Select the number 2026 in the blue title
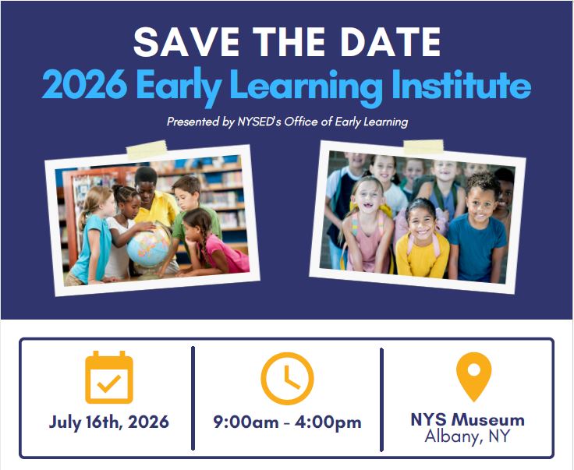click(84, 85)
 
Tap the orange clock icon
click(287, 378)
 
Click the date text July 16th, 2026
click(109, 422)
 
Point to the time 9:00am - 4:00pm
click(288, 422)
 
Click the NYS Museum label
click(467, 419)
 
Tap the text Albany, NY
click(467, 436)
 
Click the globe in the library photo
click(149, 245)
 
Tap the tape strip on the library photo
click(147, 150)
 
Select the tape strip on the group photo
click(423, 146)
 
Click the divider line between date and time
click(193, 398)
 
